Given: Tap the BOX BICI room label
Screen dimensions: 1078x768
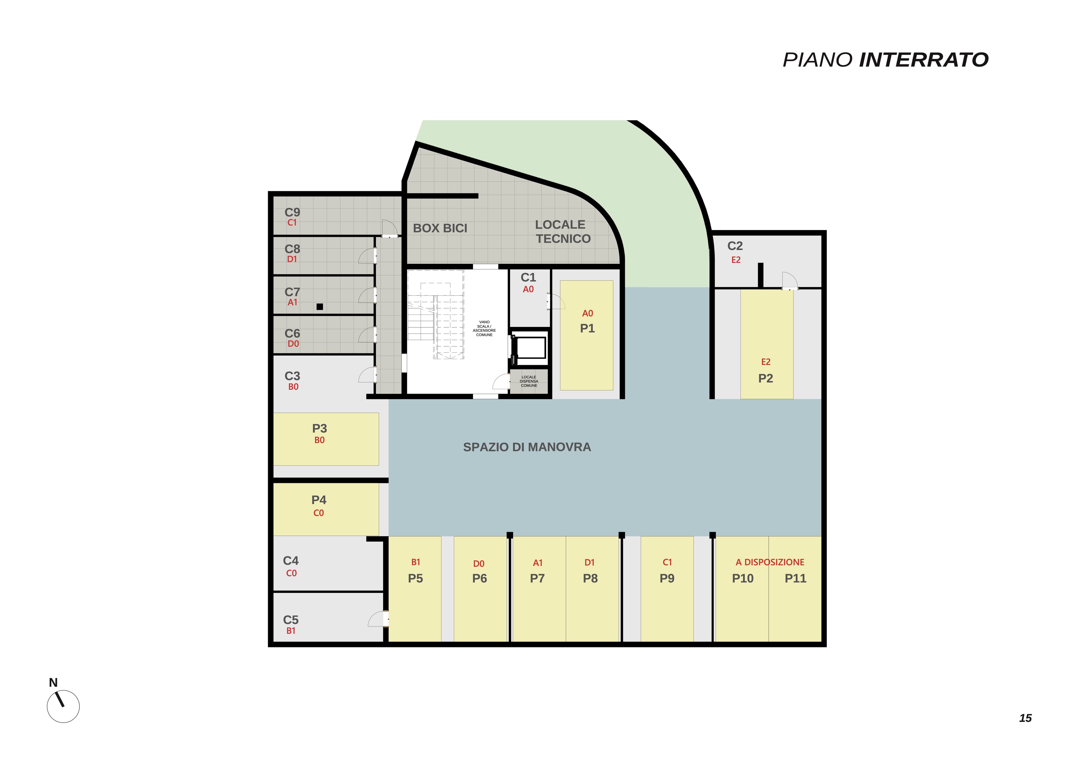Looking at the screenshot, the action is tap(440, 228).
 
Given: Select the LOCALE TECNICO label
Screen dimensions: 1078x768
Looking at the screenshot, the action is tap(562, 232).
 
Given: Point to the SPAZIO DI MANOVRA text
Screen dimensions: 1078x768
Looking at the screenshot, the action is tap(527, 447).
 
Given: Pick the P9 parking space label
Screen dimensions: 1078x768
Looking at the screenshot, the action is tap(667, 578).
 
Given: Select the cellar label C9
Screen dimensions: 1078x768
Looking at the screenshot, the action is tap(292, 212).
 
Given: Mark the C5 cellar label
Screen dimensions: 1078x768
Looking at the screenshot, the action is tap(291, 620).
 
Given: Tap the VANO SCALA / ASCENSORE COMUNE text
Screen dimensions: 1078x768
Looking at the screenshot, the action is tap(484, 328).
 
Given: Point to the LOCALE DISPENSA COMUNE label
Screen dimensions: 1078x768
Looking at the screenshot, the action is tap(529, 381).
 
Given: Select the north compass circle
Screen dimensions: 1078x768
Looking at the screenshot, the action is tap(63, 707).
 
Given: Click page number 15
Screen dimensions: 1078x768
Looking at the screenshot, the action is tap(1025, 718).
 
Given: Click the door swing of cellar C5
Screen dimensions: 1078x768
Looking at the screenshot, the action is tap(378, 618).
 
